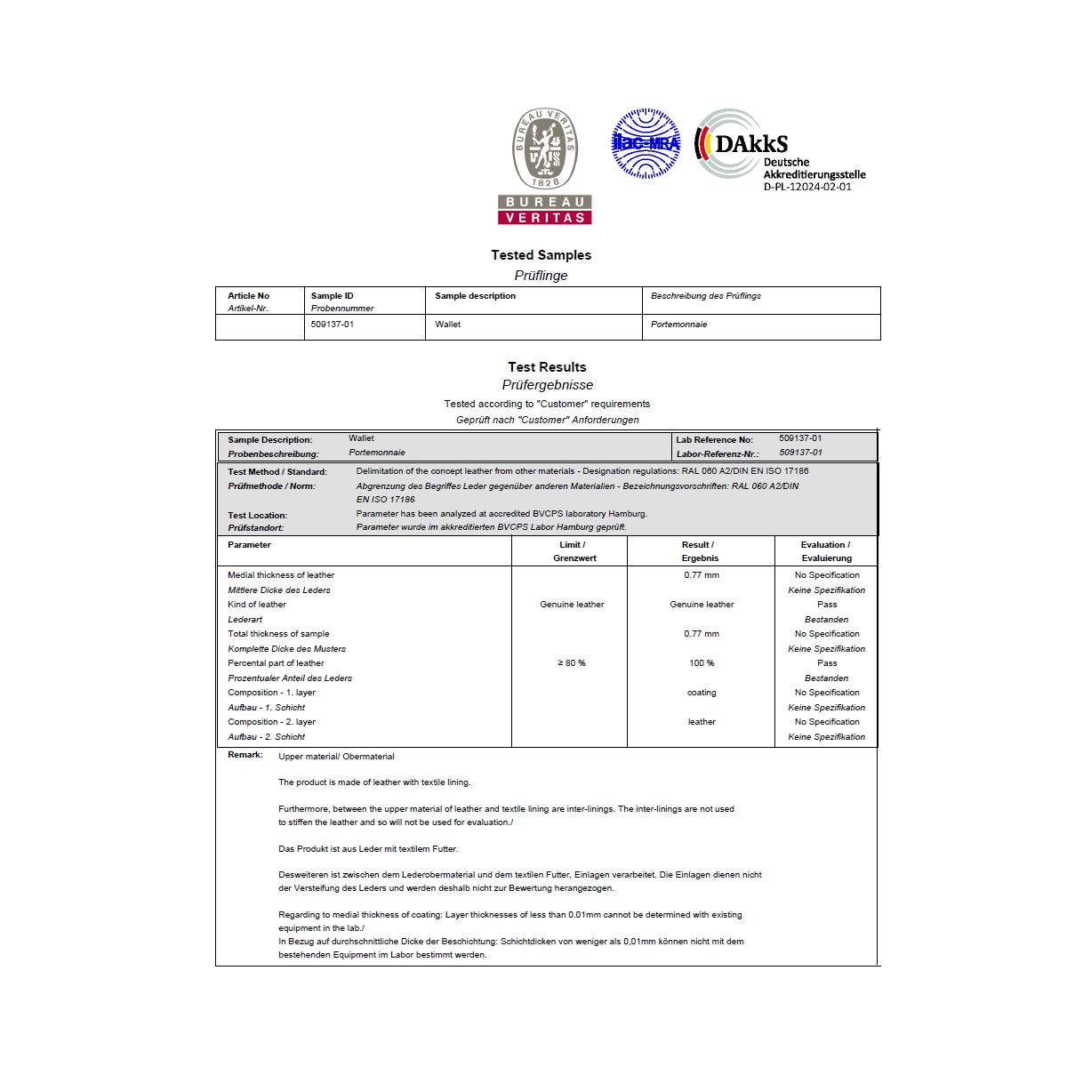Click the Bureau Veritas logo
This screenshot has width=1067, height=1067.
click(x=544, y=165)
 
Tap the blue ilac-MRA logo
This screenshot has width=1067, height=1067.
click(x=646, y=143)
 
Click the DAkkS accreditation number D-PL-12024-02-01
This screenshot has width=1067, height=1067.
click(x=807, y=187)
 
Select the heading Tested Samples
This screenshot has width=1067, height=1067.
click(x=541, y=255)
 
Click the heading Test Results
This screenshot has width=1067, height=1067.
click(x=547, y=367)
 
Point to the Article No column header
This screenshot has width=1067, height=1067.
click(x=248, y=296)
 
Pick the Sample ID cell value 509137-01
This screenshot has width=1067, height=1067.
click(x=333, y=325)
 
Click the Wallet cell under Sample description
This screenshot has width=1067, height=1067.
click(x=448, y=325)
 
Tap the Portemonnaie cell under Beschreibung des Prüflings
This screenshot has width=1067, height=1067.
click(x=678, y=325)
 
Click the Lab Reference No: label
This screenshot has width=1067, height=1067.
click(x=714, y=440)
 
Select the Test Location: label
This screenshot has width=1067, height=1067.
click(x=257, y=516)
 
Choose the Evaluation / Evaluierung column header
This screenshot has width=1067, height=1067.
click(x=825, y=551)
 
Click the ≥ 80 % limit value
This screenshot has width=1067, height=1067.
click(x=572, y=663)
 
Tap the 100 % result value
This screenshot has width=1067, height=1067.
click(x=702, y=663)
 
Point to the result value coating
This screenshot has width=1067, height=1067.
click(x=702, y=693)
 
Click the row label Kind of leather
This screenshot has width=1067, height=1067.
click(x=257, y=605)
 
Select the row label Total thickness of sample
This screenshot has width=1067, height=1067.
click(x=278, y=634)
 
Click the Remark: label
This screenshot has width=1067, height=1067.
click(x=245, y=755)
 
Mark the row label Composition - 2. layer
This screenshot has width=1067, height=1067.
click(x=271, y=722)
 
